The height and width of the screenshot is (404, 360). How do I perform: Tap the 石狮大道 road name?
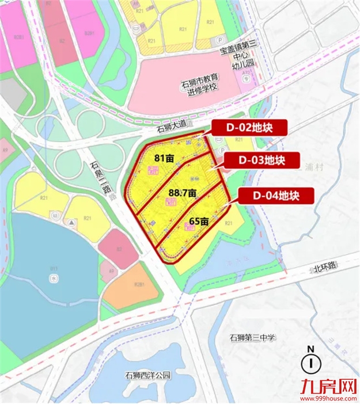click(x=172, y=129)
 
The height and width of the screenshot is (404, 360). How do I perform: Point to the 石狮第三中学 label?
click(x=252, y=338)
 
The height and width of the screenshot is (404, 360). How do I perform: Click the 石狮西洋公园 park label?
click(x=148, y=375)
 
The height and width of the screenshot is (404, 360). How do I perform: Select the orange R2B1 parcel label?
click(x=138, y=284)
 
